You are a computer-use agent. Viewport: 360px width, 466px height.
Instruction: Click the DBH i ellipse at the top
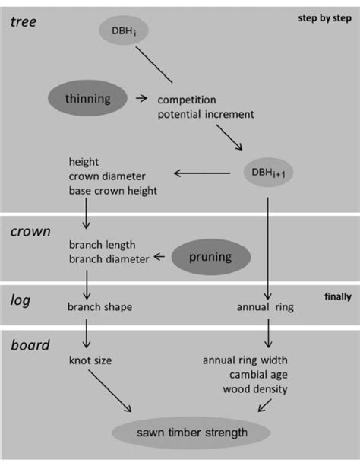tap(121, 31)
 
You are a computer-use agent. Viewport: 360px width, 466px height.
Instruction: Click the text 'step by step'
tap(321, 17)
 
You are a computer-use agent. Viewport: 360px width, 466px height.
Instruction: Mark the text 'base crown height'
tap(112, 190)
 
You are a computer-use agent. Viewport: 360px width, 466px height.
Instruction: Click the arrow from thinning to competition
tap(141, 98)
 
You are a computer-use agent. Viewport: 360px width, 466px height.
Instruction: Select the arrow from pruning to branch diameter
tap(160, 258)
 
